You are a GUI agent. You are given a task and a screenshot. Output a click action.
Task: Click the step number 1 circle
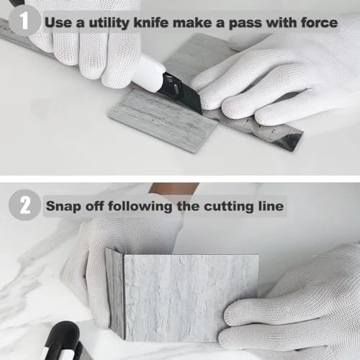click(x=24, y=21)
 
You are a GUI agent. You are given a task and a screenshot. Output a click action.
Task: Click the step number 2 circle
click(x=24, y=204)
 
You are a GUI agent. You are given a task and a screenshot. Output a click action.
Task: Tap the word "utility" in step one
click(x=109, y=23)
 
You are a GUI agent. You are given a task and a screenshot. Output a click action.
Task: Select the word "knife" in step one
click(x=151, y=22)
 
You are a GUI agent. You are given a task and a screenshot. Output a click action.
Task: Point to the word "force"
click(x=320, y=22)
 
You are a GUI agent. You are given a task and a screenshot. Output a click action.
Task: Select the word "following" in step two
click(x=140, y=207)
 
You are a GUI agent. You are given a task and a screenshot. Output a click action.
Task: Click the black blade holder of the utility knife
click(x=181, y=92)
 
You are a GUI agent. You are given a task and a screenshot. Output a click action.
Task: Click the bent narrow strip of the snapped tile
click(x=115, y=294)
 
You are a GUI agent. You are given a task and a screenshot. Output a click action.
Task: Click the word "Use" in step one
click(x=58, y=22)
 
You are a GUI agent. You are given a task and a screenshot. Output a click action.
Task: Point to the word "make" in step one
click(x=192, y=22)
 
